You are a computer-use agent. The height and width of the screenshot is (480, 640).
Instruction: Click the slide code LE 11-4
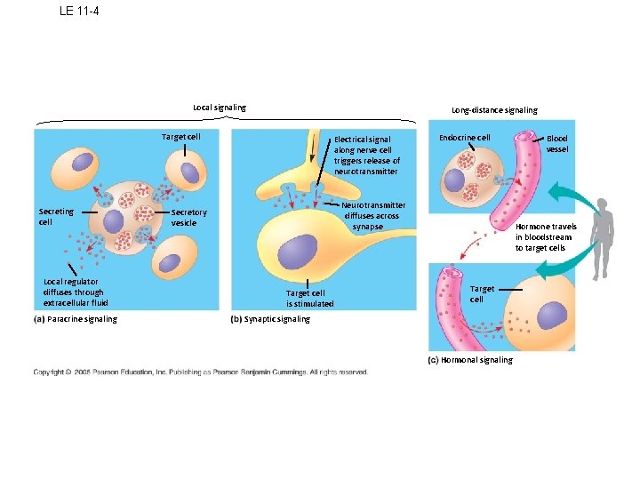(x=79, y=11)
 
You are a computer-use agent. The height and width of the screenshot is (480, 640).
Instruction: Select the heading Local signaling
(x=220, y=108)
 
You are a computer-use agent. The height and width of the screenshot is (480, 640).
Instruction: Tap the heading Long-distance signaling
(x=493, y=110)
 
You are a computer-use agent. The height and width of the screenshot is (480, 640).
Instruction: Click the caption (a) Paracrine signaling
(x=76, y=319)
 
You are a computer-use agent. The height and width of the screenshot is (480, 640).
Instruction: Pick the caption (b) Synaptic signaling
(x=270, y=319)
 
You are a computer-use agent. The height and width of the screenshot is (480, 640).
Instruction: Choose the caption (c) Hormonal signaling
(x=470, y=360)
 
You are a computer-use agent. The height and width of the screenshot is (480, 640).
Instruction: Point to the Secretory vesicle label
(x=188, y=218)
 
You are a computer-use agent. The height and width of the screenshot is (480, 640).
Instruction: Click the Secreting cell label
(x=56, y=217)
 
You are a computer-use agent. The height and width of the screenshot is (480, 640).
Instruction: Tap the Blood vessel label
(x=557, y=144)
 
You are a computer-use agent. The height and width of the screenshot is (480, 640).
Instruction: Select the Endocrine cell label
(x=465, y=138)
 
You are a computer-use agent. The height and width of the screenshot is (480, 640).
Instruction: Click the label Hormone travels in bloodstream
(x=546, y=237)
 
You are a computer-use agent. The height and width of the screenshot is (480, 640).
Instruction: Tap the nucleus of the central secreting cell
(x=112, y=221)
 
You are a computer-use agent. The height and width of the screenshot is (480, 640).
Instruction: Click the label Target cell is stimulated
(x=309, y=298)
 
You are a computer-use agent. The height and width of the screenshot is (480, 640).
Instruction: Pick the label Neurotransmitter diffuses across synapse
(x=373, y=216)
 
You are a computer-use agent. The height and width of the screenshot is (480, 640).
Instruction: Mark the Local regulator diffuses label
(x=75, y=292)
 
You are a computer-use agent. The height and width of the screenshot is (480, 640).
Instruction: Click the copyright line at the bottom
(x=200, y=372)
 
